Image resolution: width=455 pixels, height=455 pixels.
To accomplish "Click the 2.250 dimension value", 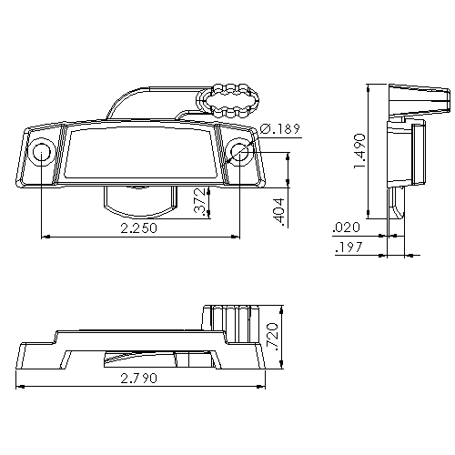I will click(137, 228).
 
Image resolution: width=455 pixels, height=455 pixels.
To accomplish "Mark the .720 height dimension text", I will click(270, 338).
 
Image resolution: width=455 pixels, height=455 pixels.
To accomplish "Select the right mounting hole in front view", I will click(239, 152).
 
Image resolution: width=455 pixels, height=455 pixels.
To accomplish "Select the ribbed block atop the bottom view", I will click(231, 324).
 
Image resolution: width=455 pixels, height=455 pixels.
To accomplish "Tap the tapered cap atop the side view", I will click(416, 100).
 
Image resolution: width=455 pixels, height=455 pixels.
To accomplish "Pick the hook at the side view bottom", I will click(400, 204).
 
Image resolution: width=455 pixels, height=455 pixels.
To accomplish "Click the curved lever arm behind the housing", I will click(146, 100).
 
